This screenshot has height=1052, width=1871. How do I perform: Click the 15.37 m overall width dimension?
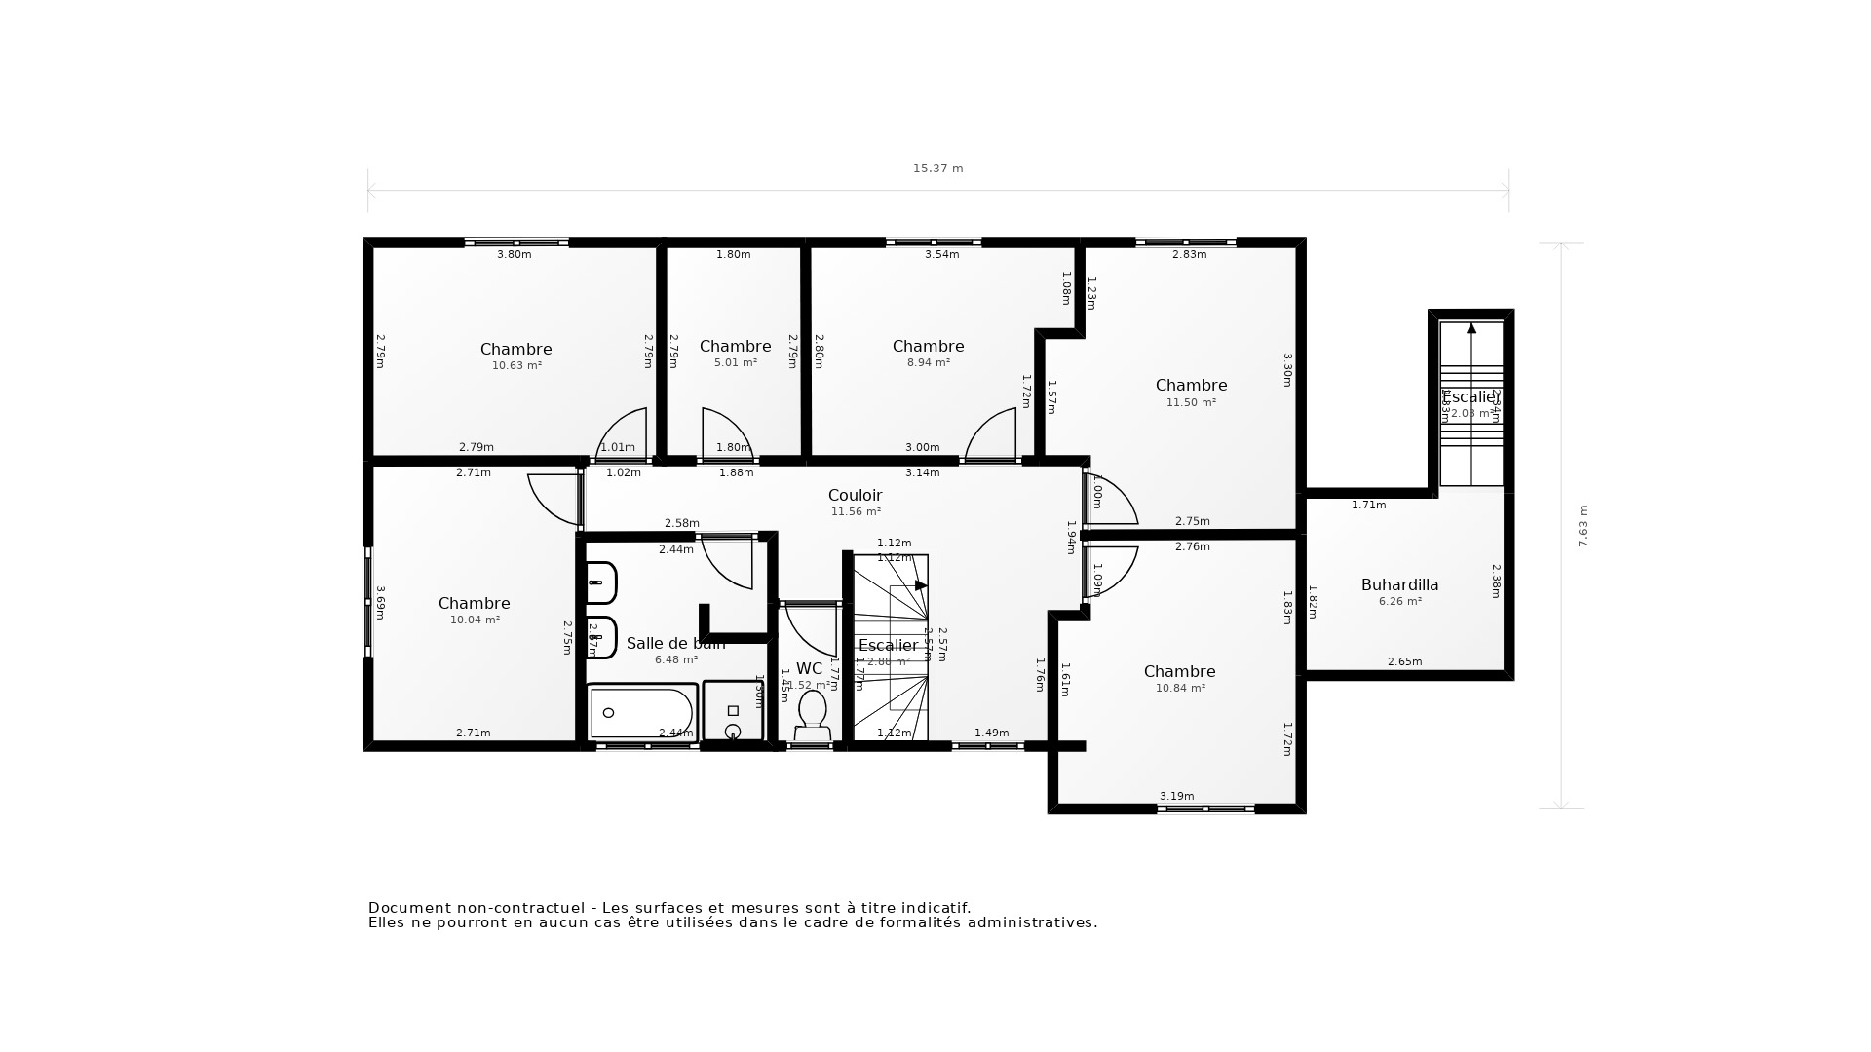point(937,169)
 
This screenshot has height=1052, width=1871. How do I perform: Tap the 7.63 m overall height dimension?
point(1583,526)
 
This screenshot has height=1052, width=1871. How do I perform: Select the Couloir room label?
point(855,495)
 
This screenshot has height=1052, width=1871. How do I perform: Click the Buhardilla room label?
point(1399,584)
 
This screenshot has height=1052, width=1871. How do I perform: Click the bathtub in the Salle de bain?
point(640,713)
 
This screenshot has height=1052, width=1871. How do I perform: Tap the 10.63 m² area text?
point(516,366)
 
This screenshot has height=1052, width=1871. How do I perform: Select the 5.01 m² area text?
point(735,362)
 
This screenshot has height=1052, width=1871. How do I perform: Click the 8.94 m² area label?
point(928,362)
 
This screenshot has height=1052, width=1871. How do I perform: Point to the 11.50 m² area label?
point(1191,402)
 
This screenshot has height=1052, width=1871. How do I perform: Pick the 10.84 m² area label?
point(1180,688)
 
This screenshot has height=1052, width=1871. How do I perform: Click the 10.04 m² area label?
point(475,620)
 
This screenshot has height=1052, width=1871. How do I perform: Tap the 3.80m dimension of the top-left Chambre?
point(515,255)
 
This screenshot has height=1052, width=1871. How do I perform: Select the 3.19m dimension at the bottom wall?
point(1176,796)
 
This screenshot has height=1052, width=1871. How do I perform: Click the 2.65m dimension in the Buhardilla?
point(1404,661)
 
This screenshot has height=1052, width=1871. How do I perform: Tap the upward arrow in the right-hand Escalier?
point(1471,329)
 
